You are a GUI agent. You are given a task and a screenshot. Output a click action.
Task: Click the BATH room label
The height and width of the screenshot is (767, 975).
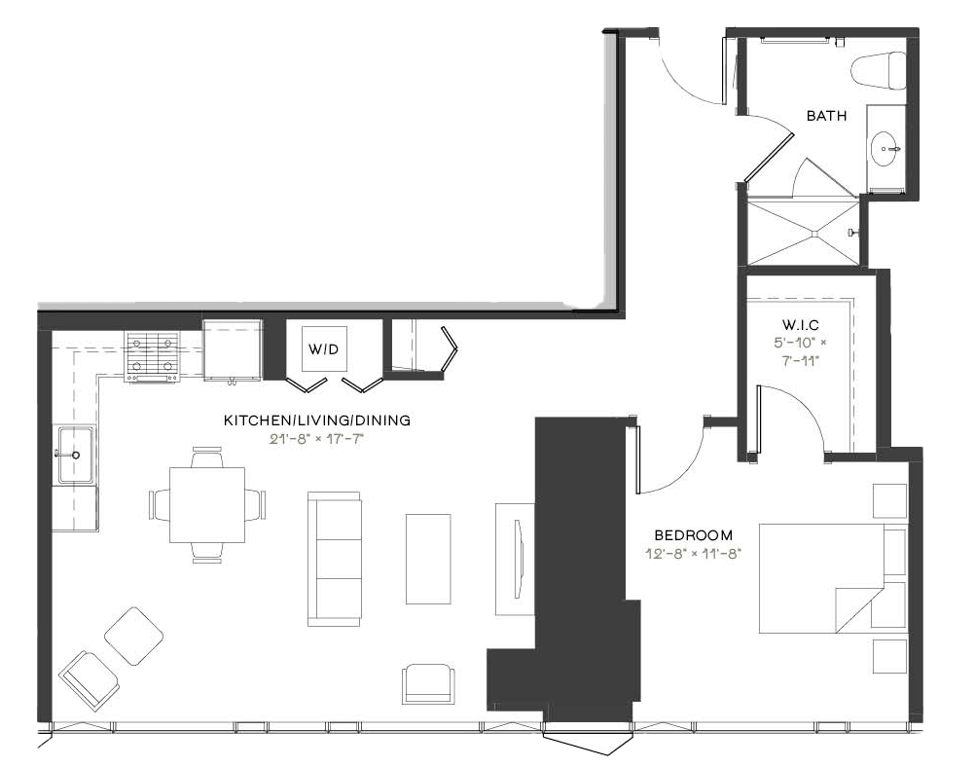click(x=826, y=116)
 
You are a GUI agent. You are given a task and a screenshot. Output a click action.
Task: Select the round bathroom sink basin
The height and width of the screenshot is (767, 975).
click(x=886, y=149)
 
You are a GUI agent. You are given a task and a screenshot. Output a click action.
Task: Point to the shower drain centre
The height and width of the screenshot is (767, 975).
click(x=814, y=234)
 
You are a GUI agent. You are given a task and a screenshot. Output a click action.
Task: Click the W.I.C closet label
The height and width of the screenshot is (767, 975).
click(x=800, y=325)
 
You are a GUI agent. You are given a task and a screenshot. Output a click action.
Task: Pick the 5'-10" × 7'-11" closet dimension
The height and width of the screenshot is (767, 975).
click(x=800, y=351)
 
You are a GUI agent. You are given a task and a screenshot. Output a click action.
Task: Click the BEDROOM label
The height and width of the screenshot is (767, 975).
click(x=694, y=535)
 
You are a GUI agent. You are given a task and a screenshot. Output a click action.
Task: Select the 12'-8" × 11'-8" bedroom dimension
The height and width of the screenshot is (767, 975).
click(x=694, y=554)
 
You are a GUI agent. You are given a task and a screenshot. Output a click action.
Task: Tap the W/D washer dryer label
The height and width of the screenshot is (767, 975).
click(x=324, y=349)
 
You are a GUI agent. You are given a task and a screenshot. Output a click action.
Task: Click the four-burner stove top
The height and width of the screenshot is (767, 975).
click(x=153, y=356)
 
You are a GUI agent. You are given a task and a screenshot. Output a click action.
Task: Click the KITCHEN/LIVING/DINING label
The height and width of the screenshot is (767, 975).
click(x=317, y=420)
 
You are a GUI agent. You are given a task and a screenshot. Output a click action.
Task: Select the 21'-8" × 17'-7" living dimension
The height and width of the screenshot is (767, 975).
click(x=316, y=439)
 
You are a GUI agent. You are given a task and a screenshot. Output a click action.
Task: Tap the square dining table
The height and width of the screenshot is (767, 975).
click(x=207, y=504)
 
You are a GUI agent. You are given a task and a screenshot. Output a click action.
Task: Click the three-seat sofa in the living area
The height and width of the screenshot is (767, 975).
click(x=335, y=559)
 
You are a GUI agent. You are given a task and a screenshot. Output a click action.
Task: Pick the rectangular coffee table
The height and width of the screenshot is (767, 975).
click(x=428, y=559)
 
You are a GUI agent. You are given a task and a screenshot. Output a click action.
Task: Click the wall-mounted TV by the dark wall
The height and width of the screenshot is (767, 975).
click(x=518, y=558)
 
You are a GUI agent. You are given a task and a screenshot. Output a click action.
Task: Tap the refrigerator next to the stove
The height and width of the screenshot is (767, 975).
click(x=232, y=349)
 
